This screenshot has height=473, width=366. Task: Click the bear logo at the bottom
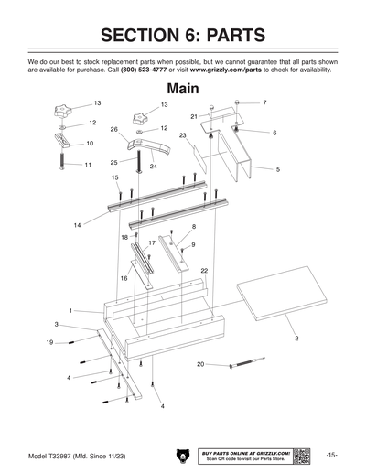(x=182, y=455)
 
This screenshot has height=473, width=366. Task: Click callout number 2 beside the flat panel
(x=296, y=339)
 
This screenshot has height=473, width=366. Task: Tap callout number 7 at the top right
(x=264, y=102)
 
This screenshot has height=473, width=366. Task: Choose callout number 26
(x=113, y=130)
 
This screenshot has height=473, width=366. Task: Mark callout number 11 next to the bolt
(x=88, y=165)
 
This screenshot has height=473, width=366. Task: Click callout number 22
(x=204, y=271)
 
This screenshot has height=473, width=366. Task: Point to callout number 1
(x=70, y=310)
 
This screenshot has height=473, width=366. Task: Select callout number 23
(x=183, y=135)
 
